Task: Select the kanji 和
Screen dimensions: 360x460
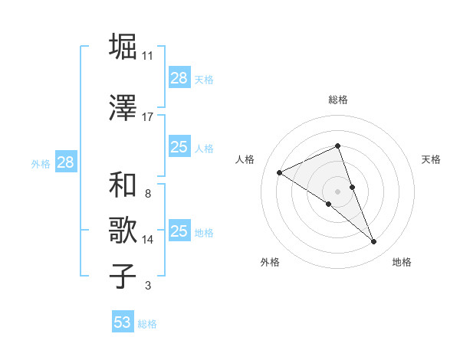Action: (x=123, y=185)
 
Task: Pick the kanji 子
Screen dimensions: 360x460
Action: (x=123, y=277)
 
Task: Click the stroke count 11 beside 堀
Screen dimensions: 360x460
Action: (x=148, y=56)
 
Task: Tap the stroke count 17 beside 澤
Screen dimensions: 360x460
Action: (x=148, y=117)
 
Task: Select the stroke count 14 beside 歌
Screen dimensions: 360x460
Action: (x=148, y=240)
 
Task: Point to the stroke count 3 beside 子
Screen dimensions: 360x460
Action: (x=148, y=286)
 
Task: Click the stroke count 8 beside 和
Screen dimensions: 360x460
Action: (x=148, y=194)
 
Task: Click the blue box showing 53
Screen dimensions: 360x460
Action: (x=123, y=322)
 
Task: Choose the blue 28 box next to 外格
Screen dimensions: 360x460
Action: (x=65, y=162)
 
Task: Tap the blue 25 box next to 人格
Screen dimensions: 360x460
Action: (x=179, y=147)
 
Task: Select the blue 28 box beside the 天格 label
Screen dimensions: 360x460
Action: (x=179, y=78)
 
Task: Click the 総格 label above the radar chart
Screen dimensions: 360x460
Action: (x=337, y=100)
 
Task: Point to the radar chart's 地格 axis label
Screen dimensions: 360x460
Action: (x=402, y=262)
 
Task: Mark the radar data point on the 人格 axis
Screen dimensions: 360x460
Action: (x=280, y=172)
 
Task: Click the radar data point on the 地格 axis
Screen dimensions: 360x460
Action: (x=374, y=242)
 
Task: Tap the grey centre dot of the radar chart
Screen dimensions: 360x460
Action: (x=337, y=191)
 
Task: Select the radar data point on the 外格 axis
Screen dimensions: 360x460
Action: (x=329, y=204)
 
